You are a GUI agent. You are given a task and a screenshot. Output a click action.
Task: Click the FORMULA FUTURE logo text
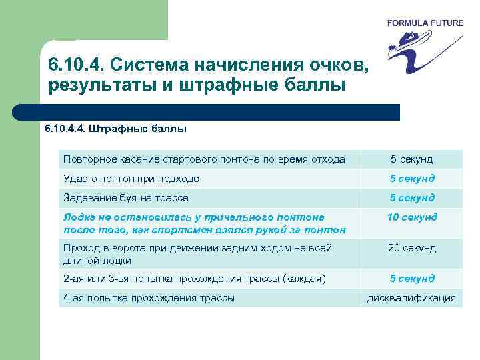click(x=425, y=23)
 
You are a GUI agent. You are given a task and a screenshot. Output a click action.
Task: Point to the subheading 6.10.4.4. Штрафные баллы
click(x=115, y=128)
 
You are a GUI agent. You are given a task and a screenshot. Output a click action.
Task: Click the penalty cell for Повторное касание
click(x=412, y=159)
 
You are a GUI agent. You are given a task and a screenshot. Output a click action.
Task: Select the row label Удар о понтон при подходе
click(x=131, y=179)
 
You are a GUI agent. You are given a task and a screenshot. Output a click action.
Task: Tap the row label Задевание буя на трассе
click(x=125, y=198)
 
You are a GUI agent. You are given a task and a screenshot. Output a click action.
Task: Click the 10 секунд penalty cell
click(x=412, y=217)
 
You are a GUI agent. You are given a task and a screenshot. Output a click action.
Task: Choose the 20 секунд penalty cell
click(x=412, y=248)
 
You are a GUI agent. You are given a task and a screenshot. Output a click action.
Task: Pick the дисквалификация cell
click(x=412, y=298)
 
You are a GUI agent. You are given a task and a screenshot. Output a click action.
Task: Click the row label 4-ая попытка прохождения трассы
click(x=149, y=298)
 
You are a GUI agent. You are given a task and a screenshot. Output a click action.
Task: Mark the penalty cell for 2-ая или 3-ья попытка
click(x=412, y=279)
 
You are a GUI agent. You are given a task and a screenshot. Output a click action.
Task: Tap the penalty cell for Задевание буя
click(x=412, y=198)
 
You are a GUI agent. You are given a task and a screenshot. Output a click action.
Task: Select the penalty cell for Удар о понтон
click(x=412, y=179)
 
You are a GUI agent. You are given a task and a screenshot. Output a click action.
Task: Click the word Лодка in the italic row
click(x=79, y=217)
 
